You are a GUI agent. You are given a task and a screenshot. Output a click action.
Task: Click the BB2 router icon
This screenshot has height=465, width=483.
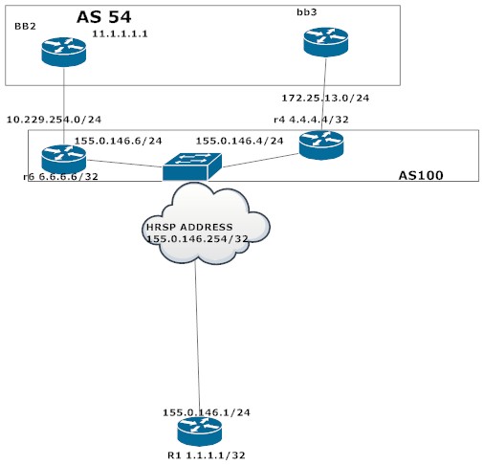click(x=64, y=52)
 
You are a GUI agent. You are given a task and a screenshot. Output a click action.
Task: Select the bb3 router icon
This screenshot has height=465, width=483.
click(x=326, y=41)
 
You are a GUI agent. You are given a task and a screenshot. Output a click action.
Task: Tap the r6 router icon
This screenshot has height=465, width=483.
click(x=64, y=158)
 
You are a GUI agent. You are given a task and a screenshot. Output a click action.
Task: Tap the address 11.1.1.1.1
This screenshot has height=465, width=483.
click(x=125, y=34)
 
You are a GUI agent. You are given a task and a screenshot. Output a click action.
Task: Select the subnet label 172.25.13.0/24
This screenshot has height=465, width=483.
click(x=325, y=98)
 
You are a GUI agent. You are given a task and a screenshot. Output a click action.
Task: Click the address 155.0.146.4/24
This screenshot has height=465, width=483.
click(x=240, y=140)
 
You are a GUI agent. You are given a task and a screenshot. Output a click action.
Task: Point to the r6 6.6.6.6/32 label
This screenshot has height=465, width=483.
click(x=61, y=177)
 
